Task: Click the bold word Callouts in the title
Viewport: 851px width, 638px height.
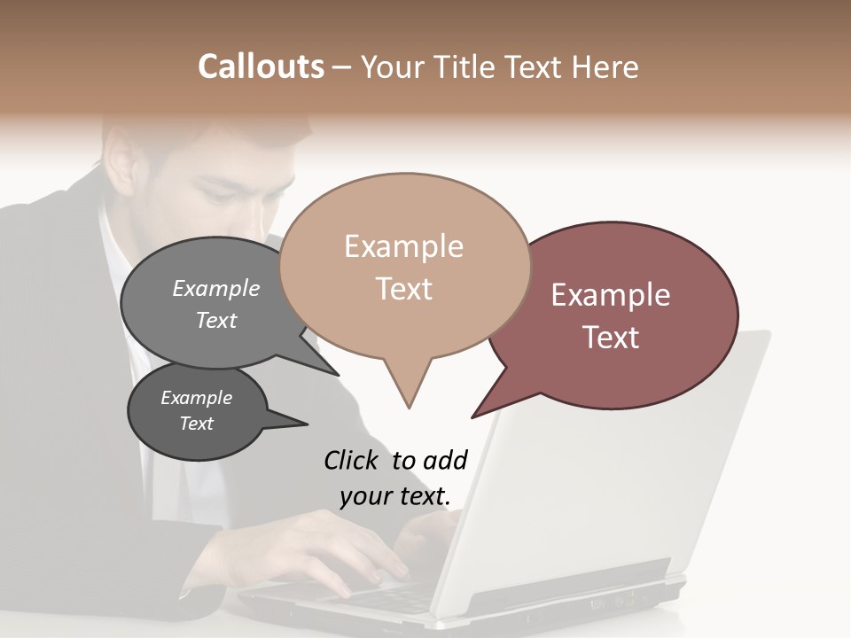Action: (261, 66)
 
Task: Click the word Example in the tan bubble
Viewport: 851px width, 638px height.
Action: (403, 246)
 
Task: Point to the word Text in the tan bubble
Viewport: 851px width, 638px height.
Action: (404, 289)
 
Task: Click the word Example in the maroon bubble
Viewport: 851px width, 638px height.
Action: (611, 295)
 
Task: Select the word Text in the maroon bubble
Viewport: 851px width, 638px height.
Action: (611, 338)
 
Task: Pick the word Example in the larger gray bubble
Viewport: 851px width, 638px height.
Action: (216, 288)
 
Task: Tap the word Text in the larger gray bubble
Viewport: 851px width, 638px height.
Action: (216, 320)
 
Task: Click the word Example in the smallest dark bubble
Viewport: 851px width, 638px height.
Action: (196, 398)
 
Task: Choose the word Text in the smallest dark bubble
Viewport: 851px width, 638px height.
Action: (196, 424)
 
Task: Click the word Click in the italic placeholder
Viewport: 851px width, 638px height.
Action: (353, 460)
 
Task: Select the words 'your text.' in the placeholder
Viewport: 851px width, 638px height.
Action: (394, 496)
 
